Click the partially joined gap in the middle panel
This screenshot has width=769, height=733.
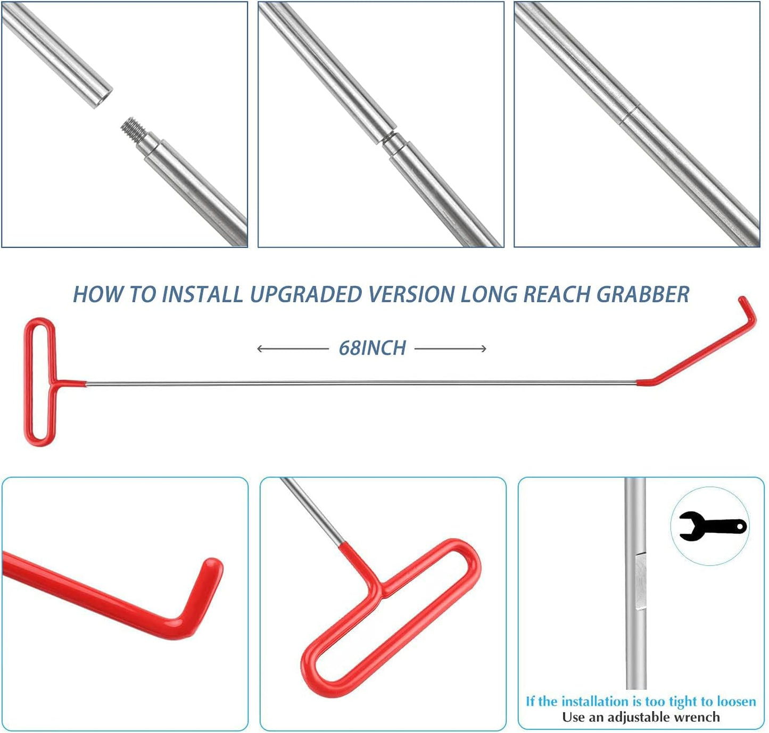pos(391,138)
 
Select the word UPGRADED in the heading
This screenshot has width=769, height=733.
pos(306,295)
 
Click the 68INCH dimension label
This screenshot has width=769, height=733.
pos(372,348)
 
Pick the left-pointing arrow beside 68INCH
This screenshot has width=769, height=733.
pos(292,349)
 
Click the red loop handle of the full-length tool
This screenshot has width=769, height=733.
pos(39,382)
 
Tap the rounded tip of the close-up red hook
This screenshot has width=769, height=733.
pos(213,565)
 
